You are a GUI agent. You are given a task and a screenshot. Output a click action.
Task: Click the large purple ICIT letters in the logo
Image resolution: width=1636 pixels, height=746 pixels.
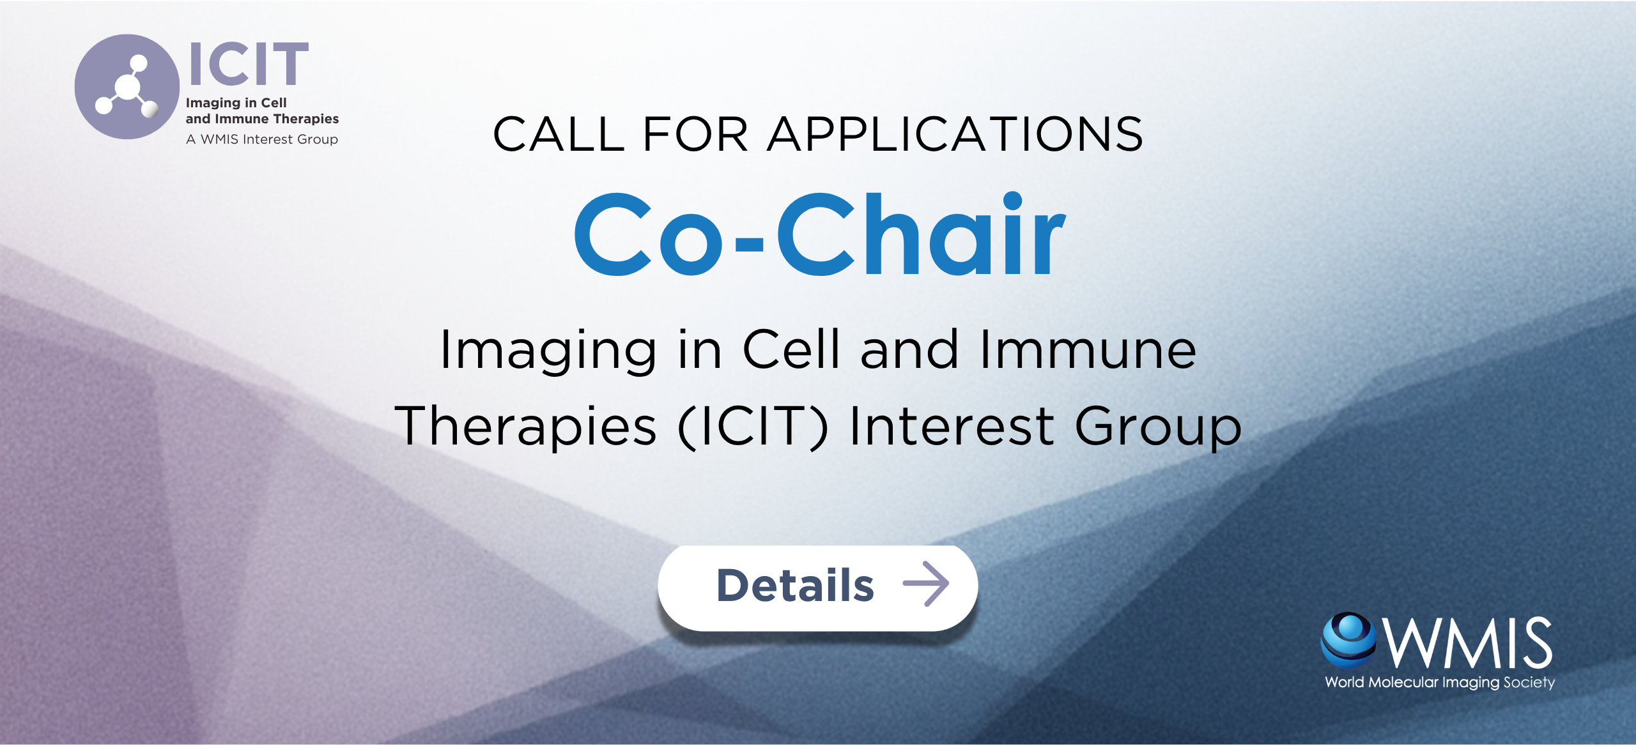pos(249,64)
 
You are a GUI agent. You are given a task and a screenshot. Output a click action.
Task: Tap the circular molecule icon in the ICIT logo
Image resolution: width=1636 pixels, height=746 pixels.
pos(127,87)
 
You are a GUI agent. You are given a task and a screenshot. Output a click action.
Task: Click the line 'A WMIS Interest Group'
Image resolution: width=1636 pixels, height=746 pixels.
pos(262,139)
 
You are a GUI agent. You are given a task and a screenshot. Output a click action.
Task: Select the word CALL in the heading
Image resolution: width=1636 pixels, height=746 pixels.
pos(559,135)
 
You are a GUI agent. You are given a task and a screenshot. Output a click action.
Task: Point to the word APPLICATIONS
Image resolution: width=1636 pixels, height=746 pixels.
pos(955,135)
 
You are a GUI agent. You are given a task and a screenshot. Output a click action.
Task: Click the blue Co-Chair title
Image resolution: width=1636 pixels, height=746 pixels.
pos(820,234)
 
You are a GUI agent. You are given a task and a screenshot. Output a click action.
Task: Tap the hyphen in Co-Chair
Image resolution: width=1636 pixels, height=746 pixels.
pos(749,243)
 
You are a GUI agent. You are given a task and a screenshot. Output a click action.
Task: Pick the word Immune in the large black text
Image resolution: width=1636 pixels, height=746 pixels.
pos(1088,349)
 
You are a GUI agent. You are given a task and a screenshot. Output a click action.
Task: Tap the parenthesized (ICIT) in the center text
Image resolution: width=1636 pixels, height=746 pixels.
pos(753,427)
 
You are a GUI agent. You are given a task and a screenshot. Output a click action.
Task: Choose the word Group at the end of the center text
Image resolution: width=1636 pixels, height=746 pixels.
pos(1159,427)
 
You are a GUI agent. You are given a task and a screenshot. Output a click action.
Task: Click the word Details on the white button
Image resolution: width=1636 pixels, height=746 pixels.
pos(795,586)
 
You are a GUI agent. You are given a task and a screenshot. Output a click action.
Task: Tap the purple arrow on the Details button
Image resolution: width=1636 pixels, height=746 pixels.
pos(926,584)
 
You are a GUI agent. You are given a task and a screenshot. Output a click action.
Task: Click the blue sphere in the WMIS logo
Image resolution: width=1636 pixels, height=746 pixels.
pos(1348,640)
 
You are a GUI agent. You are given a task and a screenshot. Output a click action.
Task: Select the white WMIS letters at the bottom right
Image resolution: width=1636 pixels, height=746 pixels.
pos(1468,643)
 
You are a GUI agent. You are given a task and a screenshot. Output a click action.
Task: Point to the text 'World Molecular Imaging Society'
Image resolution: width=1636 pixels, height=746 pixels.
pos(1440,683)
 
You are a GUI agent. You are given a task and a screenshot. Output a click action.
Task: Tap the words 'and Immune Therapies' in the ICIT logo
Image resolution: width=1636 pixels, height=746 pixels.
pos(262,119)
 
